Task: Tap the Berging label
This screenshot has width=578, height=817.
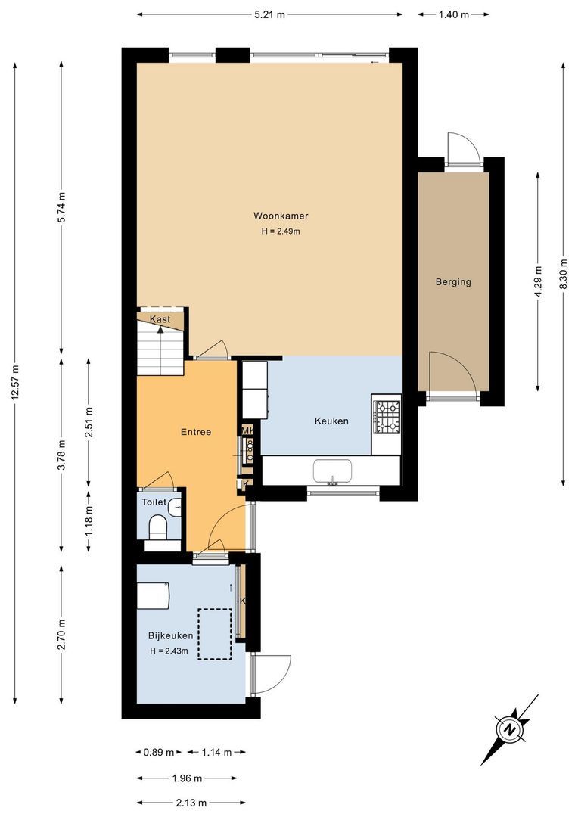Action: click(453, 282)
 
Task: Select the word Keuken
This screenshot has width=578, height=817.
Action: click(331, 421)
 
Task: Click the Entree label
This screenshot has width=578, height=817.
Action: click(195, 432)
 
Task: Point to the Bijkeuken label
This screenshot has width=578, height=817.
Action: click(171, 636)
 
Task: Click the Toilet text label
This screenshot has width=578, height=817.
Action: click(154, 502)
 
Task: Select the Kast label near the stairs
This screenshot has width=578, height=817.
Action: click(160, 319)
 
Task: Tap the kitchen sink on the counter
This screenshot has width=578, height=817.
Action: click(332, 471)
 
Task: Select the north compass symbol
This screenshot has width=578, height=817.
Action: click(511, 729)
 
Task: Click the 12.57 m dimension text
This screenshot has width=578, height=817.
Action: click(16, 385)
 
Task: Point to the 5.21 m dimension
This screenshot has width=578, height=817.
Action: click(270, 14)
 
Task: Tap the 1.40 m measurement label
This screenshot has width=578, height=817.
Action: click(454, 14)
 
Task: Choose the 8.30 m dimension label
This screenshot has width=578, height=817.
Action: click(562, 275)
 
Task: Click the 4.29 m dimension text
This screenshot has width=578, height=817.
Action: click(538, 282)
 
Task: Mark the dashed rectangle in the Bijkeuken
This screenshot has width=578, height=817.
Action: click(214, 634)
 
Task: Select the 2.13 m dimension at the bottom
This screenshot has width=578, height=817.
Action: click(191, 803)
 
